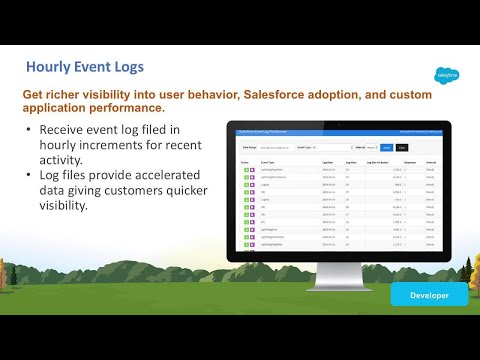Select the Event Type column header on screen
coord(269,160)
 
